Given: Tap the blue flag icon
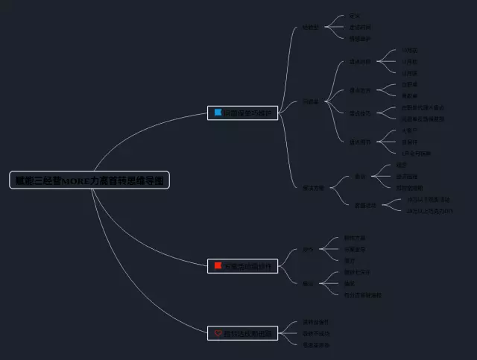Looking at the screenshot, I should [218, 113].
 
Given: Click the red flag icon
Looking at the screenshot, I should [218, 266].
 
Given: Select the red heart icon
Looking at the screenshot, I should [218, 333].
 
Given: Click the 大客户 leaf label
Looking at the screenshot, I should [409, 130].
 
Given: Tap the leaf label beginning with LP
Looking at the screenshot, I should [416, 153].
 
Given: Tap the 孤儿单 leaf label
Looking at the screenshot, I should [409, 95].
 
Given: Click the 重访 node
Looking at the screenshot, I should [308, 283].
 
